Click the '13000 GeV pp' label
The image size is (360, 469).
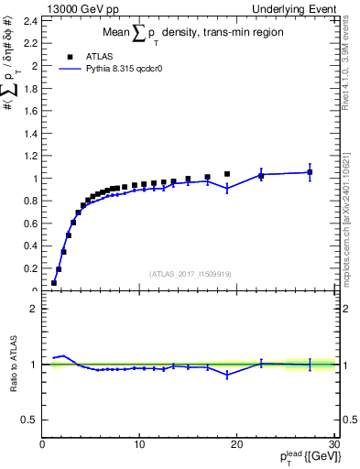coord(81,8)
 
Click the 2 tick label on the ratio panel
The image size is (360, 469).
coord(35,309)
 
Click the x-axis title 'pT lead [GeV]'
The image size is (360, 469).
coord(301,459)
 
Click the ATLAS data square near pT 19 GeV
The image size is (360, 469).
coord(227,174)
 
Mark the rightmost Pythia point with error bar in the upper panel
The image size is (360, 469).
coord(310,172)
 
